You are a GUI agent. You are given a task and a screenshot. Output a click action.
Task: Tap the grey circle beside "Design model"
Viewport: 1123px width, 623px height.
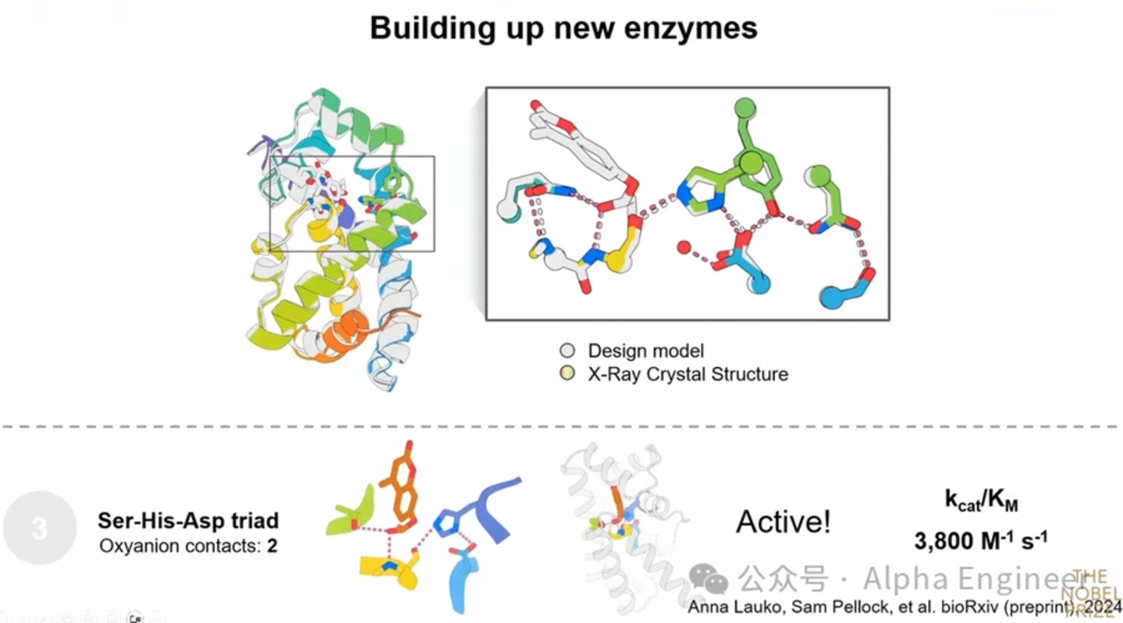567,351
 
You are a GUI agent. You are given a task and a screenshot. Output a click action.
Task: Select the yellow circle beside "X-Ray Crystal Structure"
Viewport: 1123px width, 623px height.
567,374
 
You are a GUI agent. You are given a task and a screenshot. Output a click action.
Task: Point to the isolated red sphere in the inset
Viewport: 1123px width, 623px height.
684,248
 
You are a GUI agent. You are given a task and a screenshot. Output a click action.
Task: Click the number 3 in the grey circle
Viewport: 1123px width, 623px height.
40,529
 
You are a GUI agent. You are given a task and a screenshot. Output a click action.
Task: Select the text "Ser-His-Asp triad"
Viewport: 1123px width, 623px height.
187,521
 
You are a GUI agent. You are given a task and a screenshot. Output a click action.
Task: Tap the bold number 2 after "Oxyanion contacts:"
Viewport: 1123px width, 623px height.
272,545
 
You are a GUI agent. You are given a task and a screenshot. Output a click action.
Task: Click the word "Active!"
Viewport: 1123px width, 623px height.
784,522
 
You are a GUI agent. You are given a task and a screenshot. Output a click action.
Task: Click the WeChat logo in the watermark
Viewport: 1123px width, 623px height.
709,579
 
